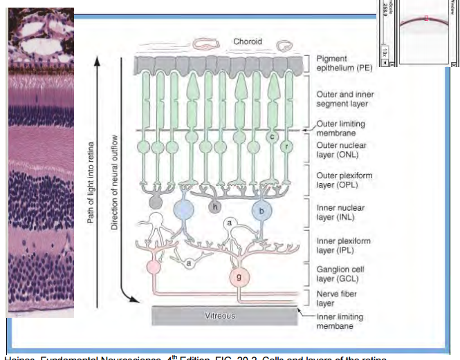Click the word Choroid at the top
247,41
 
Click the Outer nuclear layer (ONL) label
341,150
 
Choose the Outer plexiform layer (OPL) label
344,180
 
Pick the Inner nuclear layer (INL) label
340,211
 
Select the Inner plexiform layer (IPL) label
343,245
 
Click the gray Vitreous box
220,316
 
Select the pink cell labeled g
239,276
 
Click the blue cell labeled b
261,210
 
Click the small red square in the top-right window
427,18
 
